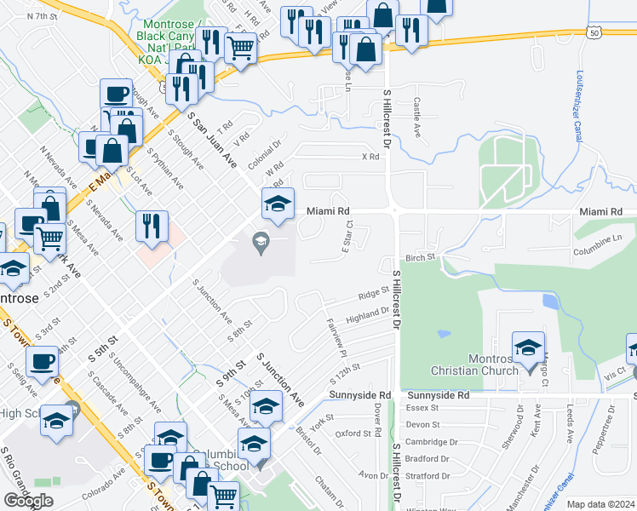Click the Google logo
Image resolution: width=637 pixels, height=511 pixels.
coord(28,501)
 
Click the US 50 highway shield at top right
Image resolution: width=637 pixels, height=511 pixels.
coord(594,32)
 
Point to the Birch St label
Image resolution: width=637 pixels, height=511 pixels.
coord(420,256)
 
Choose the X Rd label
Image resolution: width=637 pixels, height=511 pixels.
coord(370,157)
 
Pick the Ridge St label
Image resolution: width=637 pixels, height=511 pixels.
coord(373,294)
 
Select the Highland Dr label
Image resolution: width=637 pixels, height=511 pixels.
coord(368,316)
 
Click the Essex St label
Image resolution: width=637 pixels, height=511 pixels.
coord(422,408)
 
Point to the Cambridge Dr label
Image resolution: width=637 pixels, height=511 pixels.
coord(432,442)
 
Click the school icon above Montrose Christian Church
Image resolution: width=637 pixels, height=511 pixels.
coord(528,347)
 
